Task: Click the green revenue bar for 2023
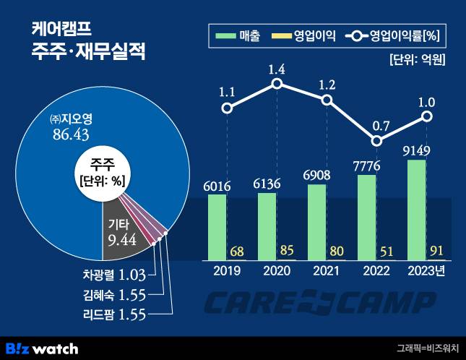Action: point(417,210)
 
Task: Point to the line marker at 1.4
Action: point(277,85)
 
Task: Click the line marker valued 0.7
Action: point(376,142)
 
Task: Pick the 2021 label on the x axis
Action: point(327,272)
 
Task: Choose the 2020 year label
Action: point(277,272)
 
